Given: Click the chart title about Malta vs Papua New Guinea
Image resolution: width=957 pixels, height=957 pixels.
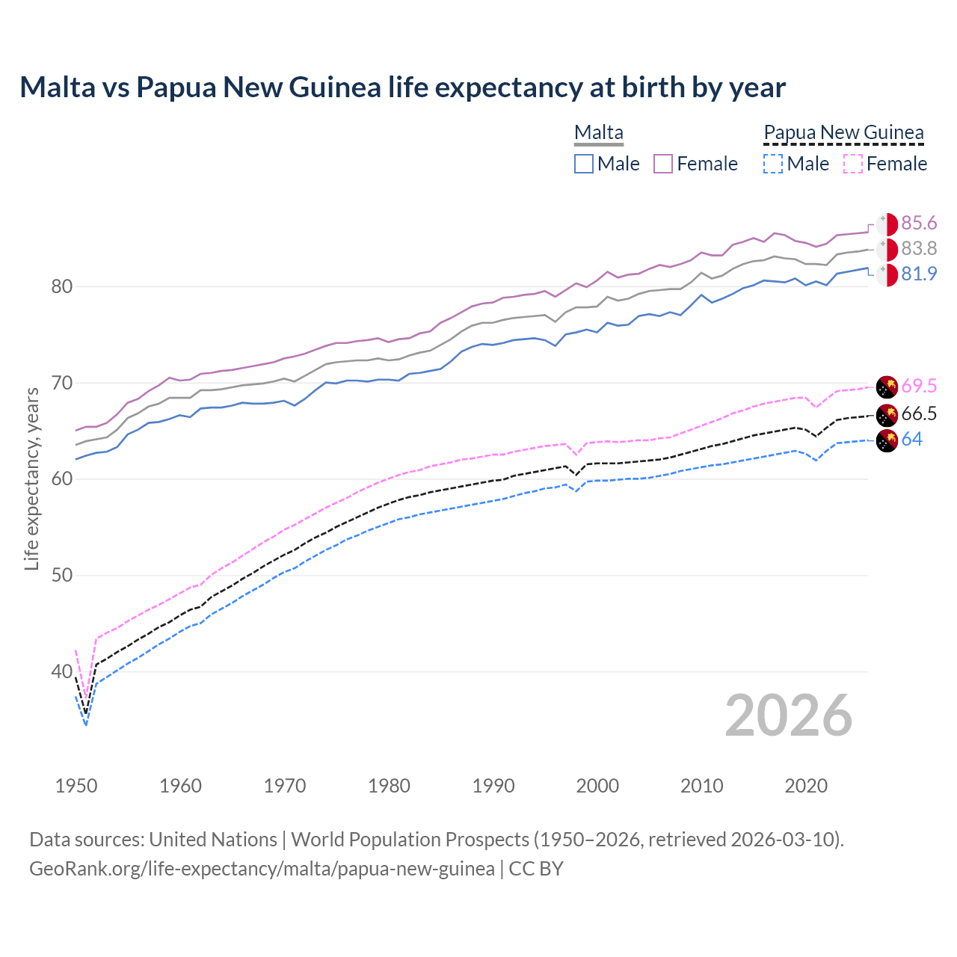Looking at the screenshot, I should click(402, 87).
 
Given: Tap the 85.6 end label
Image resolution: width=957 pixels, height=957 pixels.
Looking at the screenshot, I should click(919, 224).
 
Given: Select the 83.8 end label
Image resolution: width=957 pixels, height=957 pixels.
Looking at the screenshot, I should click(919, 248).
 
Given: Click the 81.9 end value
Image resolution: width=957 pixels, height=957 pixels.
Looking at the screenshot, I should click(919, 274).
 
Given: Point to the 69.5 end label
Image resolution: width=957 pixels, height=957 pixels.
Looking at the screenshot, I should click(919, 387).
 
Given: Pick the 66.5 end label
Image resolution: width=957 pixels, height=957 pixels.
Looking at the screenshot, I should click(919, 414).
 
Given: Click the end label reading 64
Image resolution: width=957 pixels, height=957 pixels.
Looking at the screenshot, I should click(911, 440).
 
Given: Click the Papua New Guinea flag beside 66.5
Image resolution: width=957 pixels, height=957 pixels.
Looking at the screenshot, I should click(887, 414).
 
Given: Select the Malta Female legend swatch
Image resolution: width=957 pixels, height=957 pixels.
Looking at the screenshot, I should click(663, 164).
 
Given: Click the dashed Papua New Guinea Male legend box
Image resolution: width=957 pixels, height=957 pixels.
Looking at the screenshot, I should click(773, 164).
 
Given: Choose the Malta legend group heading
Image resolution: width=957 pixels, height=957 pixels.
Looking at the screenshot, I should click(598, 133).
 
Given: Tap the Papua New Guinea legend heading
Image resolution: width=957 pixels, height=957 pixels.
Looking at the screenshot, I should click(843, 133).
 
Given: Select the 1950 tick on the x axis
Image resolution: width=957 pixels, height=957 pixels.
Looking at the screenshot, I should click(76, 786).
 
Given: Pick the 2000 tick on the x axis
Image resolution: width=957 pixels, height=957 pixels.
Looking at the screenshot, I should click(597, 786).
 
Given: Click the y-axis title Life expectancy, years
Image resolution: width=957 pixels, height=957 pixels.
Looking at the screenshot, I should click(31, 478).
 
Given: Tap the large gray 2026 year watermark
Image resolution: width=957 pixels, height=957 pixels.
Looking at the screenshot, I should click(789, 716).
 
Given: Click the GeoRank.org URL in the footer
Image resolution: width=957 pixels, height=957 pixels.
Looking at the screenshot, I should click(262, 869).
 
